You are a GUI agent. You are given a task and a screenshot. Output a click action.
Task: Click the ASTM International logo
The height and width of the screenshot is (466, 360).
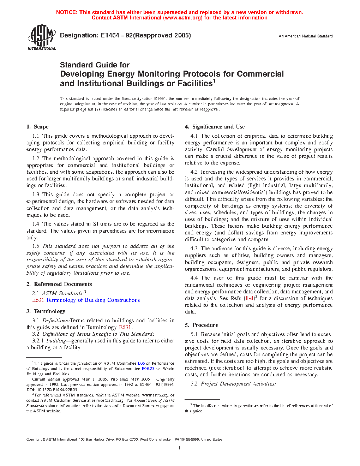point(42,37)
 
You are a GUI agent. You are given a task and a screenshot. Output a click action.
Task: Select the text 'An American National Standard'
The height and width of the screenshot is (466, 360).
point(305,36)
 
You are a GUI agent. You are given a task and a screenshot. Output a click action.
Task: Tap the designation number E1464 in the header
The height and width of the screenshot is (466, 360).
point(110,35)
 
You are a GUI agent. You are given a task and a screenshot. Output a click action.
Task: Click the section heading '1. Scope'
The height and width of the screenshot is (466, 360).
point(37,127)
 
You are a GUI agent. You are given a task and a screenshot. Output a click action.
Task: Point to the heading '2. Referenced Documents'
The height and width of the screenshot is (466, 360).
point(59,284)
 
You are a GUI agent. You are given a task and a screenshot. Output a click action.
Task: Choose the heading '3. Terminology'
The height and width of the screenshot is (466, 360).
point(46,311)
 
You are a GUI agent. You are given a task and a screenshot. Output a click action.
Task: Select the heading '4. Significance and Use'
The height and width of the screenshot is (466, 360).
point(215,127)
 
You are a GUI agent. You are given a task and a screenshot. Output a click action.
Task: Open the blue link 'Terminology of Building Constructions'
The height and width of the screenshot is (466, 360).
point(93,300)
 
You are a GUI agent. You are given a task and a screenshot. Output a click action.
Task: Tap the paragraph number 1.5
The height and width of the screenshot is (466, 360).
point(36,246)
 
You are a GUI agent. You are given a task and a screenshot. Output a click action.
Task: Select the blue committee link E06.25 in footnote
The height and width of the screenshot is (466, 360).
point(148,369)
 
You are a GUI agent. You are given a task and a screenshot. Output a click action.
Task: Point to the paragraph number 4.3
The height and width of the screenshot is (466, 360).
point(194,249)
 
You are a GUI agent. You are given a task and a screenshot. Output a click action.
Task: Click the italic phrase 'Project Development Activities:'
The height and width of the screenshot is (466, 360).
point(238,384)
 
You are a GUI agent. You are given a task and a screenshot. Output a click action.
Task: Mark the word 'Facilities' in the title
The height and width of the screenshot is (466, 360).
point(195,84)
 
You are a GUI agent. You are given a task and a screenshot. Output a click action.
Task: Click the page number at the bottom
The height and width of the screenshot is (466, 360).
point(180,448)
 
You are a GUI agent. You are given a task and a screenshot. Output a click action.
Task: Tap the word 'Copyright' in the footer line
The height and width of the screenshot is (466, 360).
point(34,440)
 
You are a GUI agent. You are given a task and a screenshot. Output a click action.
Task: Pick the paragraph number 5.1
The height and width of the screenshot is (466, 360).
point(194,334)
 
